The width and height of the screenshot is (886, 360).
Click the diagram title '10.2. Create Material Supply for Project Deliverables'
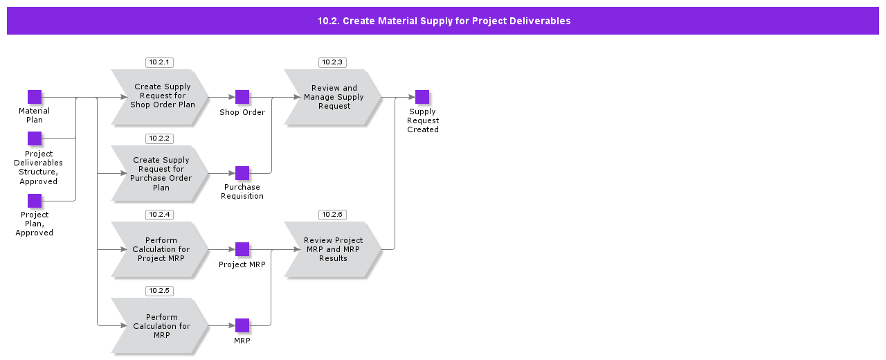444,21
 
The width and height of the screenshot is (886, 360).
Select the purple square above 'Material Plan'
35,97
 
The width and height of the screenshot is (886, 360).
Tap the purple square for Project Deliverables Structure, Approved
35,138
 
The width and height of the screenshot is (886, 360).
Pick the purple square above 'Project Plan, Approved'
35,201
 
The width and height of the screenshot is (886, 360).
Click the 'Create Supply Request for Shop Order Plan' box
162,97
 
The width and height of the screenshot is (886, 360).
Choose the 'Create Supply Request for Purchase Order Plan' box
161,173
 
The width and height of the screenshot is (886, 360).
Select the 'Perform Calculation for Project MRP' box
161,249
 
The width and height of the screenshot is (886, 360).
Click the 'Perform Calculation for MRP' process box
161,325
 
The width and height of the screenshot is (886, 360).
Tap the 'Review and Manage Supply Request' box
334,97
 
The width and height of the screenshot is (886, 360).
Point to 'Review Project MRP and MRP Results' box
334,249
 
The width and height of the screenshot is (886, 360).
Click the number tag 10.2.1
159,62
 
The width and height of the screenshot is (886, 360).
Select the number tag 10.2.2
159,138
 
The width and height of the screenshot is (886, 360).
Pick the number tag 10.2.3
332,62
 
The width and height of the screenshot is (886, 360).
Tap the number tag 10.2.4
159,215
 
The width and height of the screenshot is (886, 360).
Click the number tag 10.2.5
159,291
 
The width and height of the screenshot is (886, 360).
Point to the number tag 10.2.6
332,215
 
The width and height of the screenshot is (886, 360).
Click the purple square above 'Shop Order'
242,97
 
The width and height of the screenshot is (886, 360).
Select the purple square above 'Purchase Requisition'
242,173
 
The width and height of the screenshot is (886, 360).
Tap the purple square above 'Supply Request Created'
422,97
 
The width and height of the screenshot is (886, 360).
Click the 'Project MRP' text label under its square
242,264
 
